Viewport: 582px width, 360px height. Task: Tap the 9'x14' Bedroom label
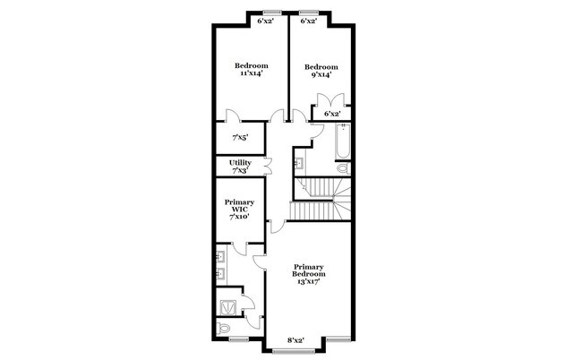[321, 72]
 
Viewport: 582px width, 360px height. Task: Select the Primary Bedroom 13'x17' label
[308, 274]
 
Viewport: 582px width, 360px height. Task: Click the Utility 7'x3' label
[239, 166]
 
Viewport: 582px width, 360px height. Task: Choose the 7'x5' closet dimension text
[239, 139]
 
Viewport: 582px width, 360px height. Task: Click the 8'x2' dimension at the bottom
[295, 339]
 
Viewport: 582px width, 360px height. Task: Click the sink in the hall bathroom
[298, 163]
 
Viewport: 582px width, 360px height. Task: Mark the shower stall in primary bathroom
[228, 304]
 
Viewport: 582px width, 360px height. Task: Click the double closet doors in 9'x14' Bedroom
[331, 102]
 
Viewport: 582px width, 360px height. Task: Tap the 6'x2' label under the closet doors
[331, 114]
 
